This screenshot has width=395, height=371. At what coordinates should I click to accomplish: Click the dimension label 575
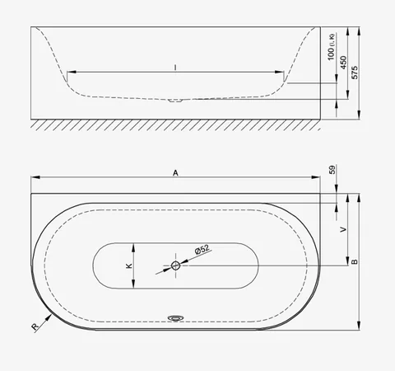355,73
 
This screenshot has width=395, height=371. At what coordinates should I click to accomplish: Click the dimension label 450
343,63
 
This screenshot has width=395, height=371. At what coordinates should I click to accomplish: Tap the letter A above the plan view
175,173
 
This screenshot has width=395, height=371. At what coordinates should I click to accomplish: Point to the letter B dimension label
355,261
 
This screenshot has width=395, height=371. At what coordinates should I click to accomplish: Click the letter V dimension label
343,229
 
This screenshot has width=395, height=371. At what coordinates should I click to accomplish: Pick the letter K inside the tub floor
129,265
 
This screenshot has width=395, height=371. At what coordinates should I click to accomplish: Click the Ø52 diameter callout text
202,250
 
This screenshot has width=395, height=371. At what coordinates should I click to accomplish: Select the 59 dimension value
332,169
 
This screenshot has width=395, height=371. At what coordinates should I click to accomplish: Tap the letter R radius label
35,327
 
